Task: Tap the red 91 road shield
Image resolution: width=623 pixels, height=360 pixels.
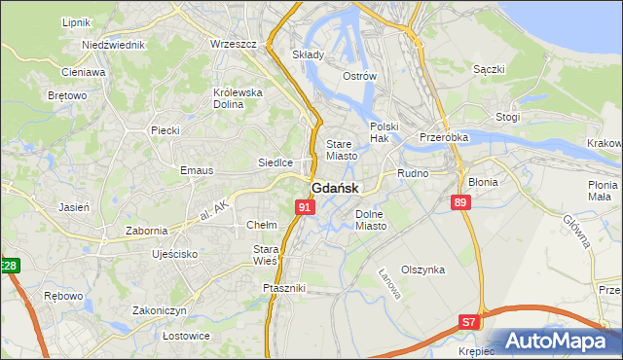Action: pyautogui.click(x=306, y=207)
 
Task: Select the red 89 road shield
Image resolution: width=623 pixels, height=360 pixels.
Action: pyautogui.click(x=461, y=202)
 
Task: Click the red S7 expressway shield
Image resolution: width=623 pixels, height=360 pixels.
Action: pyautogui.click(x=469, y=321)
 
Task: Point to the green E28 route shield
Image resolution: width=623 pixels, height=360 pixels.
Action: pyautogui.click(x=9, y=266)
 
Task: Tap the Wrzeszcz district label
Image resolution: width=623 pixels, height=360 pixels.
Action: pyautogui.click(x=233, y=45)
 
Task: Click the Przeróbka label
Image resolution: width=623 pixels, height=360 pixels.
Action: pyautogui.click(x=444, y=137)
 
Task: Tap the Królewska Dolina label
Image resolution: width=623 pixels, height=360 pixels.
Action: pyautogui.click(x=238, y=98)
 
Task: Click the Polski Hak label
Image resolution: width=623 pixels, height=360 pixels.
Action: pyautogui.click(x=385, y=132)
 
